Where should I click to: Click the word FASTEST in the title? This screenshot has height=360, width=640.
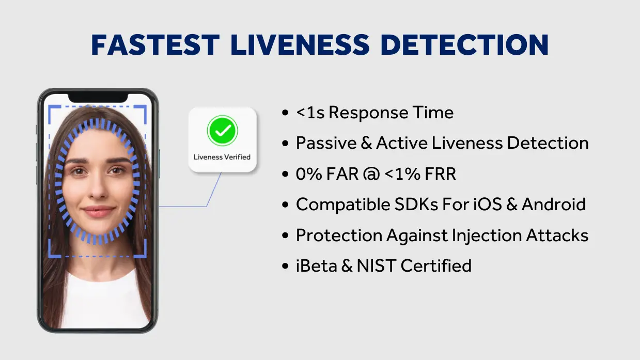155,44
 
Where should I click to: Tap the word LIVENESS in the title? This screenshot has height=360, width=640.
300,44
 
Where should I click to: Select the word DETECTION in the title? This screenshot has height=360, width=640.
464,44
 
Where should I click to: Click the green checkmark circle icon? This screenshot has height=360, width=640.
222,131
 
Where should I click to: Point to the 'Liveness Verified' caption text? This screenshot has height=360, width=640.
222,157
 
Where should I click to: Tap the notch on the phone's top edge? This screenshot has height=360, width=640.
98,98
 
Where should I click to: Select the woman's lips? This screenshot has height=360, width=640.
98,211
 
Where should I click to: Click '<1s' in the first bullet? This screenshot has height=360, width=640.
310,113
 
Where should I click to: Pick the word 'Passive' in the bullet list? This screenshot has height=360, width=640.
326,143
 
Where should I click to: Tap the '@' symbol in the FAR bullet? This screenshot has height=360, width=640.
371,174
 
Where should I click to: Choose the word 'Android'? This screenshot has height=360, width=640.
554,205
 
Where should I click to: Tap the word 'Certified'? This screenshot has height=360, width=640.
436,265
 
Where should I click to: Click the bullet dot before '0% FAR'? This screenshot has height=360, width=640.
285,174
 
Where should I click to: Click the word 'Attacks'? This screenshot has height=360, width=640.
557,235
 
